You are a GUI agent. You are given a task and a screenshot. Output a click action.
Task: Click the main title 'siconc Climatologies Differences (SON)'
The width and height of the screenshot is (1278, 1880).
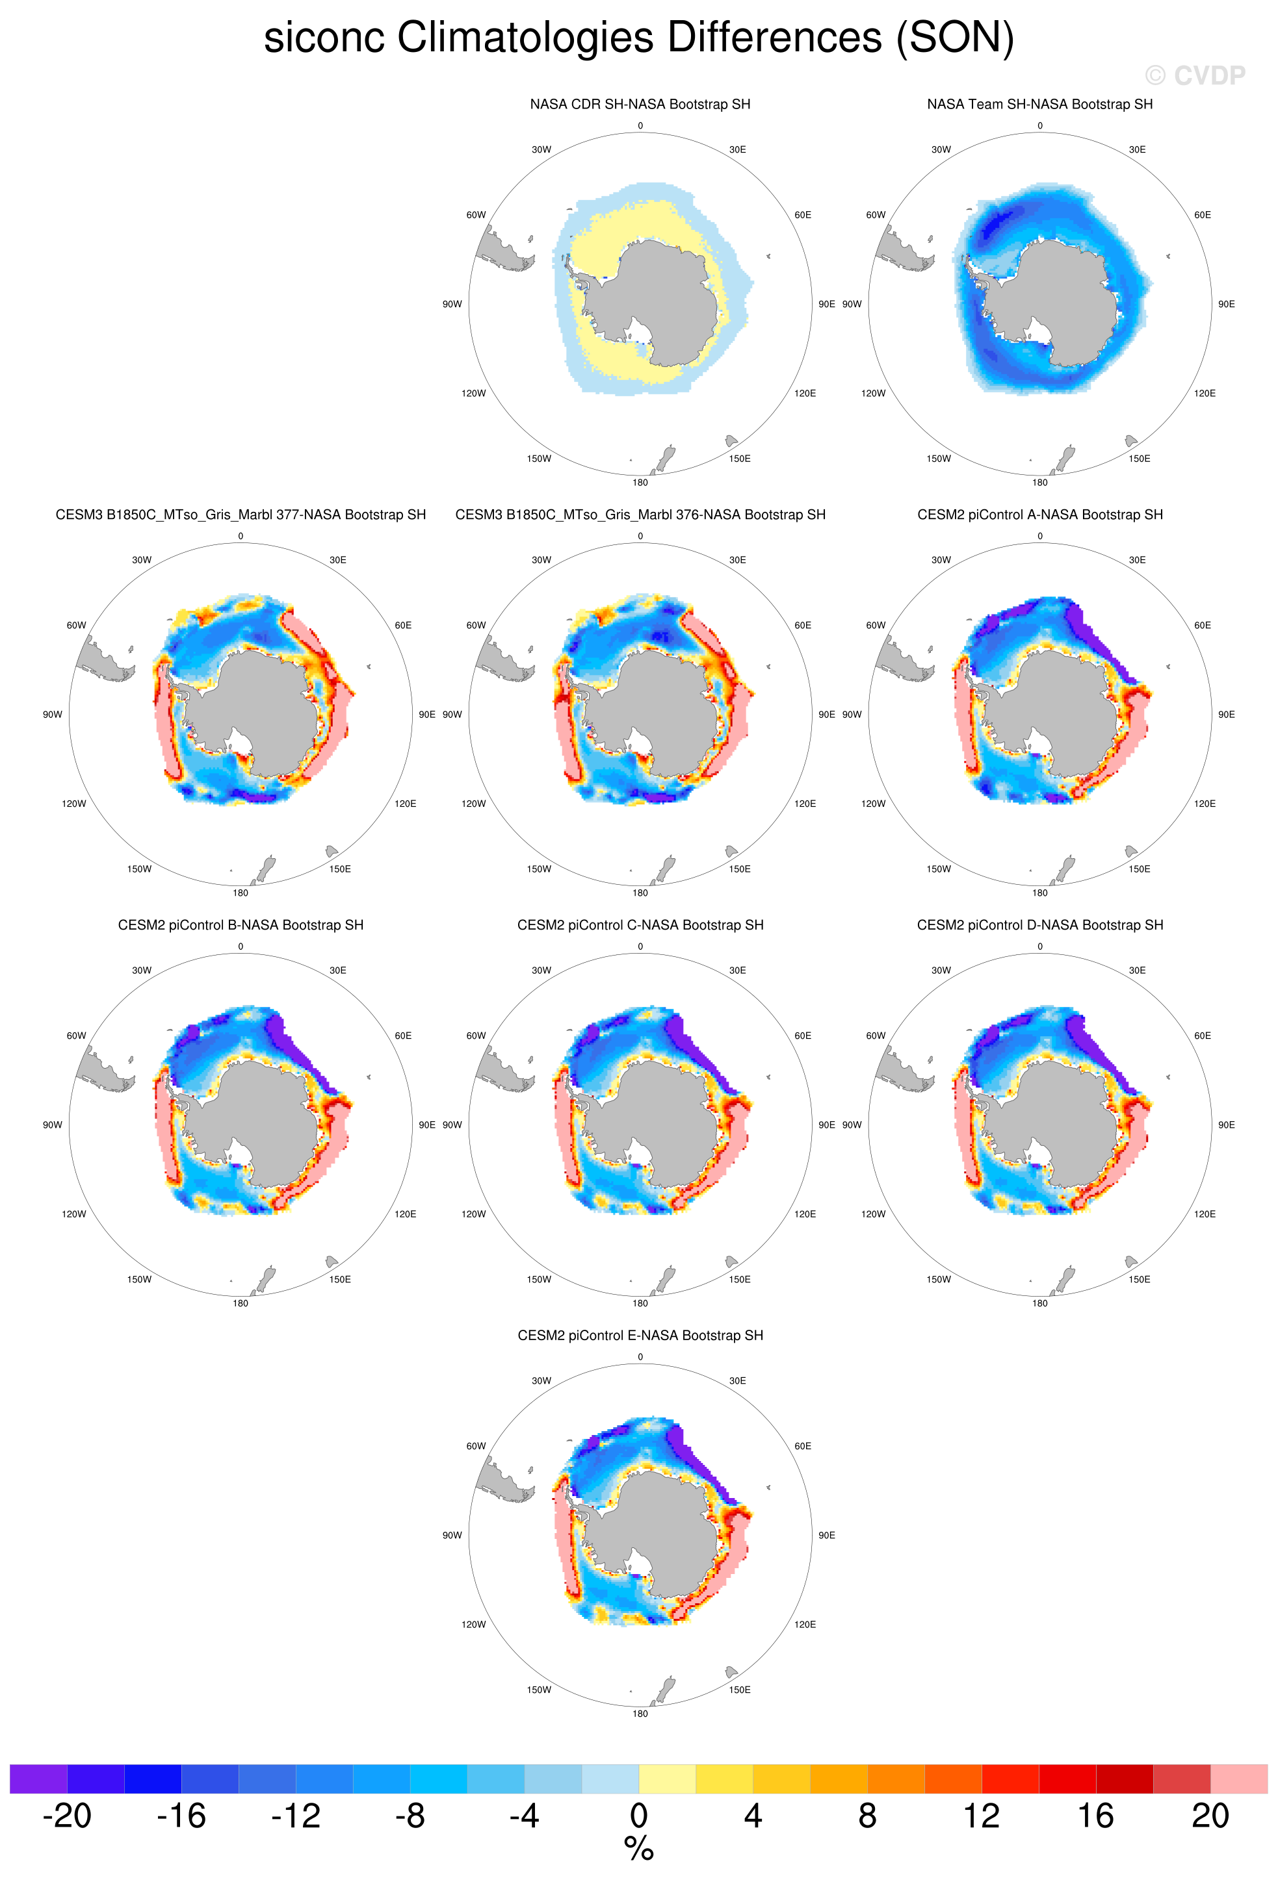[x=638, y=38]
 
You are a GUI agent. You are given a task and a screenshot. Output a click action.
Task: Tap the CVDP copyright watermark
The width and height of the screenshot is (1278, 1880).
[x=1195, y=76]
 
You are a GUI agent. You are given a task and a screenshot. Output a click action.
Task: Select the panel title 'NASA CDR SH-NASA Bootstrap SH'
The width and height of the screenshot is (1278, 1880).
[x=640, y=105]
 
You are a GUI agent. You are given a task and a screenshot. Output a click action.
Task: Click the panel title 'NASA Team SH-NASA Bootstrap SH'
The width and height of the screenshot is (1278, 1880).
[x=1040, y=105]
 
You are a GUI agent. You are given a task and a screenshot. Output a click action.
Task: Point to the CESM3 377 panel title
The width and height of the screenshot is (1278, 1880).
[x=241, y=514]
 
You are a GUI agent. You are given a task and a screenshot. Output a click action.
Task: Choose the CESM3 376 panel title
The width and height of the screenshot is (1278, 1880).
[x=640, y=514]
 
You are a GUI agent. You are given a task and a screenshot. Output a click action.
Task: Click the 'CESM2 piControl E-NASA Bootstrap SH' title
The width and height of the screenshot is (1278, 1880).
[x=640, y=1336]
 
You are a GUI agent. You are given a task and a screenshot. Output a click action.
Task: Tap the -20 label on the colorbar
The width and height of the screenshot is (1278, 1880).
[x=66, y=1816]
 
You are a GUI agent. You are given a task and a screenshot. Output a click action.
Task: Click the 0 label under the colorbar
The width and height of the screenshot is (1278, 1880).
[x=638, y=1816]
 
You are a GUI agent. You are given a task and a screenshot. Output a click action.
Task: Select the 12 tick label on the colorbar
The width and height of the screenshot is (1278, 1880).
[x=982, y=1816]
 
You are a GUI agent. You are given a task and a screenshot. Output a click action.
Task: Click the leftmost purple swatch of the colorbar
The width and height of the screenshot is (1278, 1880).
[x=38, y=1779]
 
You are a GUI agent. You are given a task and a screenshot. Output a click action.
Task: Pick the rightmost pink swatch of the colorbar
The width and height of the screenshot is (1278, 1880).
[x=1239, y=1779]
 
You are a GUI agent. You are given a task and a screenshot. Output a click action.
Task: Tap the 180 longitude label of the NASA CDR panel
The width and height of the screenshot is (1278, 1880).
[x=640, y=483]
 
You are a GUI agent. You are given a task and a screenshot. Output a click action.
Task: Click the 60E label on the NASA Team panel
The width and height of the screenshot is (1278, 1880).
[x=1203, y=215]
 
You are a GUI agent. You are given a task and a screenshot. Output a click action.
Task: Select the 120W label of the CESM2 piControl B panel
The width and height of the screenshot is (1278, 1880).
[x=73, y=1214]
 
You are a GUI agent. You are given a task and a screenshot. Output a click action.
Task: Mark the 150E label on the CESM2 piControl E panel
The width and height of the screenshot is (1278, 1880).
[x=740, y=1690]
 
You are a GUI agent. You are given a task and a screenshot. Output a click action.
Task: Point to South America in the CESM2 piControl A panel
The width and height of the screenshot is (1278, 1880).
[x=905, y=659]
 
